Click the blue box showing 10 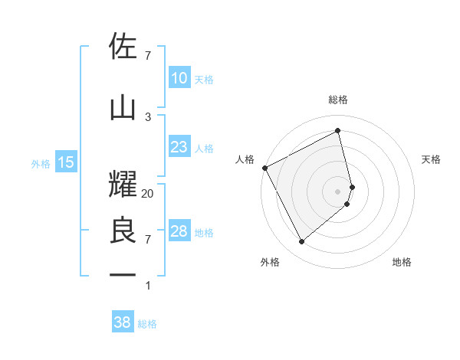click(179, 78)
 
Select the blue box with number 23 click(179, 147)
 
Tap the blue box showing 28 click(179, 231)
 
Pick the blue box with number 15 click(66, 162)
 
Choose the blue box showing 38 click(123, 322)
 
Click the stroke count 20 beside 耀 click(148, 194)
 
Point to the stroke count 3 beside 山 click(148, 116)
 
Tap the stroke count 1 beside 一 click(148, 286)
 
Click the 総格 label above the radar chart click(338, 100)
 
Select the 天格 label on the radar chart click(432, 159)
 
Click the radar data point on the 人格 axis click(264, 168)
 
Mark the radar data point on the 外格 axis click(301, 242)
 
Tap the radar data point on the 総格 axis click(338, 131)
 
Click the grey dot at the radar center click(338, 191)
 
